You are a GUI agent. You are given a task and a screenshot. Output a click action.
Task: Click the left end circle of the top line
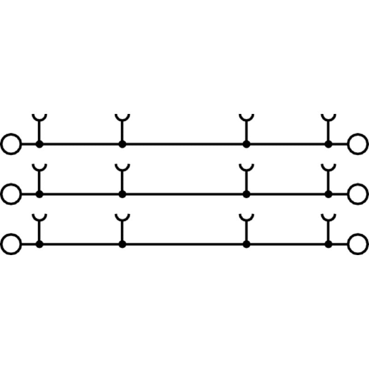[12, 144]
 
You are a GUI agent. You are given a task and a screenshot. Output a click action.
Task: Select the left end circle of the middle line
[12, 194]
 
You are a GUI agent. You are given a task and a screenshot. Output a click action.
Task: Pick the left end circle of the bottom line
[12, 244]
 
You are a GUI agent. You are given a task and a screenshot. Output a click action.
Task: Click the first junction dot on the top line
[39, 144]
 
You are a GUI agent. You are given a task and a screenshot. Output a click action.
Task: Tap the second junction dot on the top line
[122, 144]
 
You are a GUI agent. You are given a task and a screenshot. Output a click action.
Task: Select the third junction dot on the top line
[246, 144]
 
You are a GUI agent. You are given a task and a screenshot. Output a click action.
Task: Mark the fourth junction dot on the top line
[328, 144]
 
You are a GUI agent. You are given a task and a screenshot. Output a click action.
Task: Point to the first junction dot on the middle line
[39, 194]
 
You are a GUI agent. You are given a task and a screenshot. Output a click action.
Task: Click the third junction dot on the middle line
[246, 194]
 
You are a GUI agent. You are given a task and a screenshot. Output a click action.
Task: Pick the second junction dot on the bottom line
[122, 244]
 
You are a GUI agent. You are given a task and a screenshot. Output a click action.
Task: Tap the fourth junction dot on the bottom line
[328, 244]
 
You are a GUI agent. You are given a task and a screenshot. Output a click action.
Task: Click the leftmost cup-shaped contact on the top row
[39, 119]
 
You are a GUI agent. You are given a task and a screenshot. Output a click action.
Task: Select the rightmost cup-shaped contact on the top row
[328, 119]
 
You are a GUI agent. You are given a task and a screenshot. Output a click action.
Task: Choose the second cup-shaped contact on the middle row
[122, 168]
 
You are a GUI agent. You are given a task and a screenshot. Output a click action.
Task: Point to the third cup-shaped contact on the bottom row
[246, 218]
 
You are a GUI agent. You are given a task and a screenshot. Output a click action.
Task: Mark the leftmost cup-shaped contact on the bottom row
[39, 218]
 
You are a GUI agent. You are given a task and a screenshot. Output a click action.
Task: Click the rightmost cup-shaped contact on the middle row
[328, 168]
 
